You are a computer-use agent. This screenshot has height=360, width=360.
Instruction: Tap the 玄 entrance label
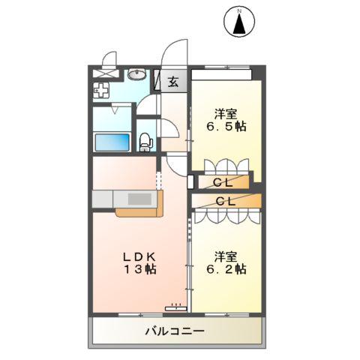172,81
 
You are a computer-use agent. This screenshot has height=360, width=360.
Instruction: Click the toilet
146,140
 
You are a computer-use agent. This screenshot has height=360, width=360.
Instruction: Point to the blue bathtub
112,142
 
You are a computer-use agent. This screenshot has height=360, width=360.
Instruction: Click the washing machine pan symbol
101,91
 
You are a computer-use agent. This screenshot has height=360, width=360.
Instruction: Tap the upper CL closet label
221,181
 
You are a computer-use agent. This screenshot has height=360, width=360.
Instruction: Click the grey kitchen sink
139,199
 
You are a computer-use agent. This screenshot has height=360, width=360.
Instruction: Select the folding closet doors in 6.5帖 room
221,166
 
